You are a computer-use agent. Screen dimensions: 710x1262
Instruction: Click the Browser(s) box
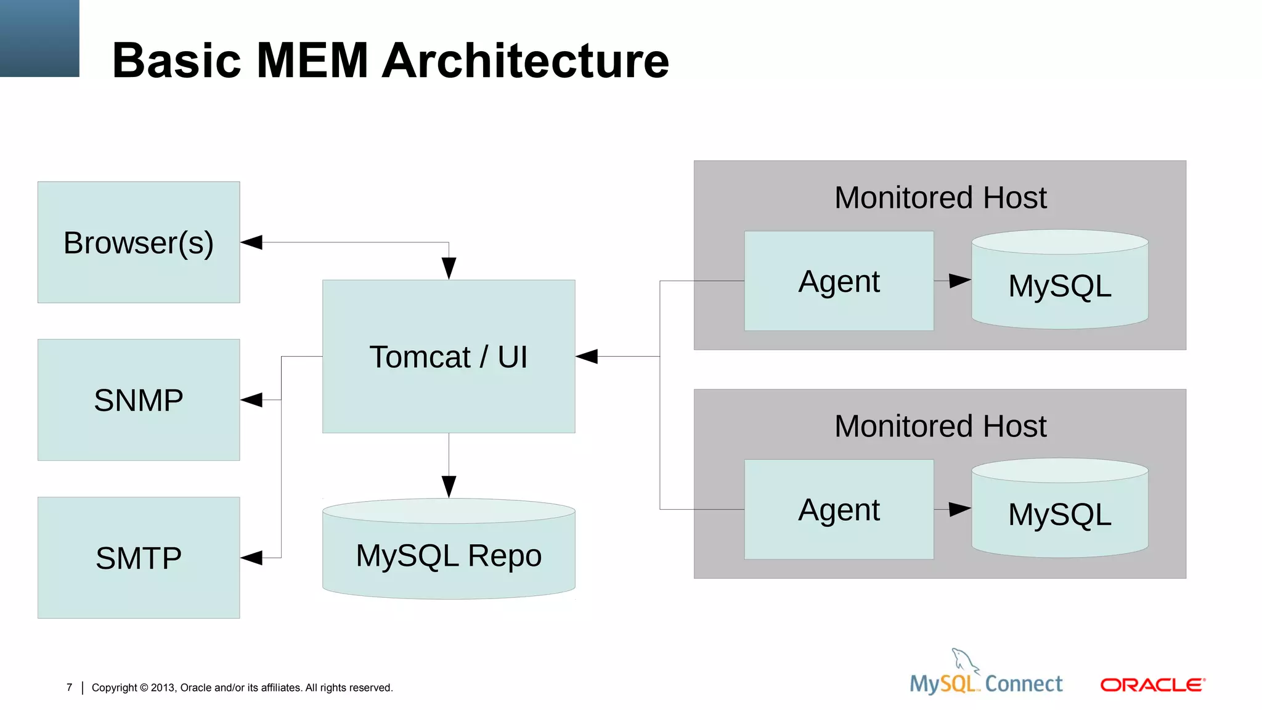tap(139, 242)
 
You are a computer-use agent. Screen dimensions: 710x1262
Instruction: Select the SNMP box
tap(139, 400)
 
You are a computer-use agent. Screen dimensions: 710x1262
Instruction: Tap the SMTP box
tap(139, 558)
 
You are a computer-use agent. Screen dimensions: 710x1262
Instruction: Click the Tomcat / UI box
tap(449, 357)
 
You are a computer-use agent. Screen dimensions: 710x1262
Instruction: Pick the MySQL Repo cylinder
tap(449, 555)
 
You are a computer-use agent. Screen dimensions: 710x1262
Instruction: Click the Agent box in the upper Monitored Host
tap(839, 281)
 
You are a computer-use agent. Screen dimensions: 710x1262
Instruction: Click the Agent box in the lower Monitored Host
tap(839, 510)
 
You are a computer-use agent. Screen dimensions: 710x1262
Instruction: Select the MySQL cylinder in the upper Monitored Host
tap(1060, 285)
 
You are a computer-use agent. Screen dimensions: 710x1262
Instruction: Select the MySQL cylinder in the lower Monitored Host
tap(1060, 514)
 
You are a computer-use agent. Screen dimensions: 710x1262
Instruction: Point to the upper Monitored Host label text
tap(940, 198)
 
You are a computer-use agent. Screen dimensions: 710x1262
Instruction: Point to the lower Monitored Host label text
tap(940, 426)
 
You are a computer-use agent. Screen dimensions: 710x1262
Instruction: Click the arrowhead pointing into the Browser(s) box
tap(251, 242)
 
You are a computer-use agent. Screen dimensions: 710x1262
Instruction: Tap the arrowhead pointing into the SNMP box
tap(251, 400)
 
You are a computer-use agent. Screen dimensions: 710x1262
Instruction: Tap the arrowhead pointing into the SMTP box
tap(251, 558)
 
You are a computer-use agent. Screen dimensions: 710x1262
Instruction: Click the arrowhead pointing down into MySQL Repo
tap(449, 486)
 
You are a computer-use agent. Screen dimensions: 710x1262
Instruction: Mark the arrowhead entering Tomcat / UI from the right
tap(587, 356)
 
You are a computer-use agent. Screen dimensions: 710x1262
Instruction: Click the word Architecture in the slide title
tap(525, 60)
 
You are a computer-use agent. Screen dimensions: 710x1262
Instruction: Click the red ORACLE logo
tap(1152, 685)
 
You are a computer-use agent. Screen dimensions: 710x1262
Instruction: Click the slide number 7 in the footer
tap(69, 687)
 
